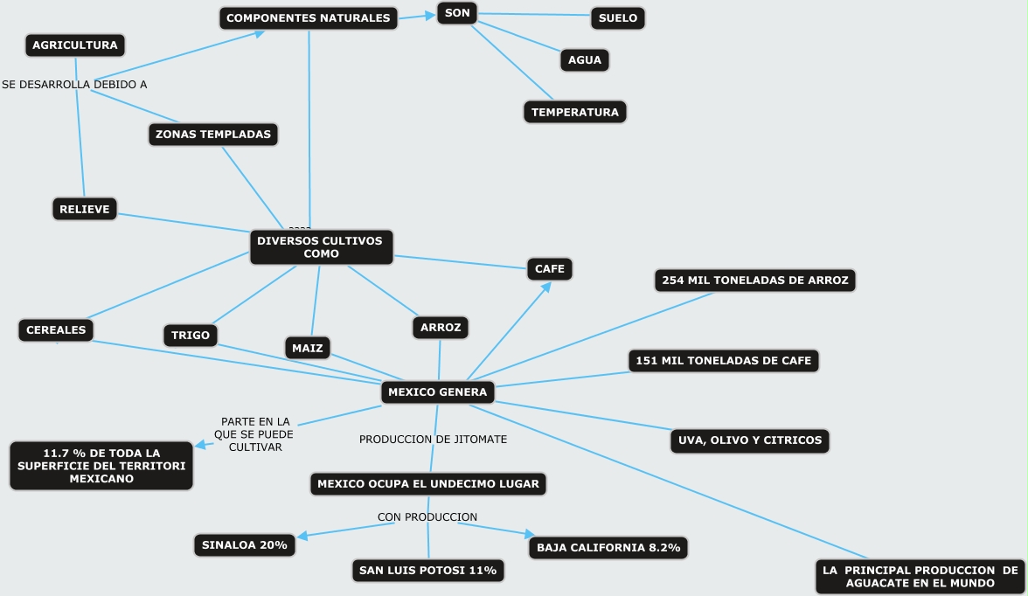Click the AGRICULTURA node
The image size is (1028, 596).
[x=74, y=45]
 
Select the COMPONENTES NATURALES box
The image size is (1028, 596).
[x=308, y=17]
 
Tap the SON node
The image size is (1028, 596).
[x=457, y=13]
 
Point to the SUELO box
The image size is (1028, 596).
[x=618, y=17]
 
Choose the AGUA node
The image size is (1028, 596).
[x=585, y=60]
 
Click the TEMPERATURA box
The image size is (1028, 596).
[x=575, y=112]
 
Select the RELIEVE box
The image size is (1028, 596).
[x=85, y=209]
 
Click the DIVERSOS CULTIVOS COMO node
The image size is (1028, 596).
[x=322, y=247]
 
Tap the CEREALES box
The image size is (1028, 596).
[x=56, y=329]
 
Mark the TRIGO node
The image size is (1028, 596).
[x=191, y=335]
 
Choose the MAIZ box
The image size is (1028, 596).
[x=308, y=348]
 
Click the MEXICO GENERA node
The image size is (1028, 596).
[x=438, y=392]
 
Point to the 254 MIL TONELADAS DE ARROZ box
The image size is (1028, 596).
[x=755, y=281]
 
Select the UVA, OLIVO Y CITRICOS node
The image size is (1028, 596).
[x=750, y=440]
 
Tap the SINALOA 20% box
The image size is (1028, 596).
[x=245, y=545]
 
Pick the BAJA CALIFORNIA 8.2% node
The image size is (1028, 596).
[x=609, y=548]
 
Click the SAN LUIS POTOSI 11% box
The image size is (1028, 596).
[x=428, y=571]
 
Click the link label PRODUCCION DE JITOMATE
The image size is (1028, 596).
[x=433, y=439]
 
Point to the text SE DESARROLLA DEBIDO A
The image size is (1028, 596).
[x=74, y=85]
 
